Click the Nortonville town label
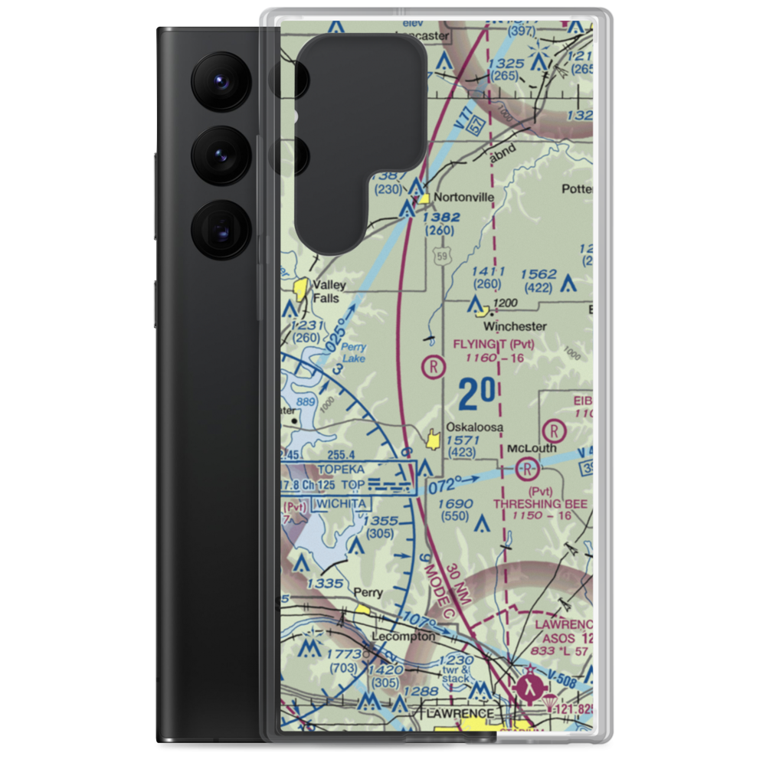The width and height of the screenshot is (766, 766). coord(463,197)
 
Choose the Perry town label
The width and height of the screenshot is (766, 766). coord(368,592)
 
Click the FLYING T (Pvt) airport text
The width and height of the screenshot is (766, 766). coord(493,344)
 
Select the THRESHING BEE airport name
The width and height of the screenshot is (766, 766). coord(541,503)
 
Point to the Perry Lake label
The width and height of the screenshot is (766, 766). coord(353,352)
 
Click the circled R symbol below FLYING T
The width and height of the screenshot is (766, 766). coord(434,367)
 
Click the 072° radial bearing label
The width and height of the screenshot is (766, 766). coord(447,484)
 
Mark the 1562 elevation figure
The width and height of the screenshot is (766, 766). coord(538,274)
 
